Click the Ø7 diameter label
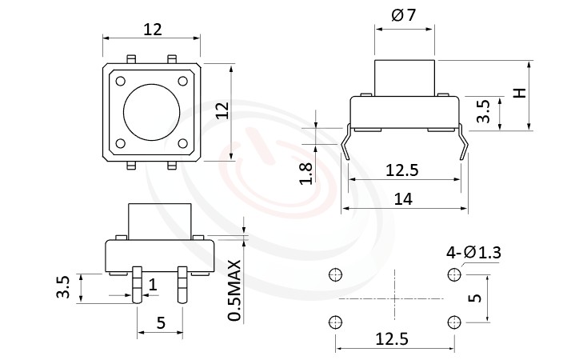(404, 14)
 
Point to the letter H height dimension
(520, 94)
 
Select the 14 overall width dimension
(404, 200)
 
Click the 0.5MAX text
(235, 290)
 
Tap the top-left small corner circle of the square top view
(120, 81)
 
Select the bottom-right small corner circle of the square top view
(184, 143)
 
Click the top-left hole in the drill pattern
(334, 275)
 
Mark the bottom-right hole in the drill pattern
(454, 322)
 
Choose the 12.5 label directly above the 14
(403, 170)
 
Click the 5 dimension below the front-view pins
(160, 323)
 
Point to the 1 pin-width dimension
(152, 284)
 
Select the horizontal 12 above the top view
(152, 30)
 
